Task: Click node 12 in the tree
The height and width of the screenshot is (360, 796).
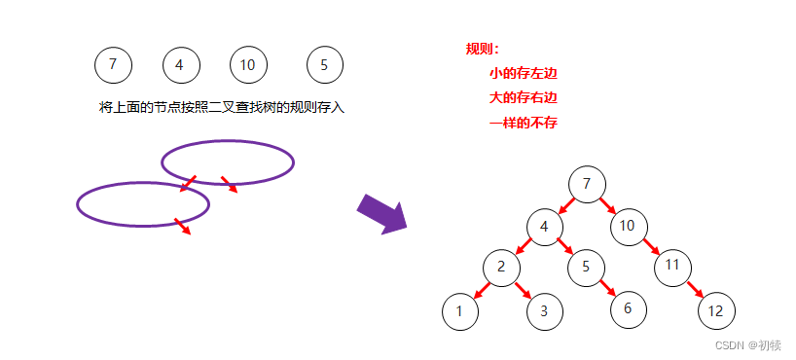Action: (716, 311)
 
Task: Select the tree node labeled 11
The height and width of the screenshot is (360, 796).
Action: (672, 266)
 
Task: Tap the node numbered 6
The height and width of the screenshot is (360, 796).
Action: (629, 308)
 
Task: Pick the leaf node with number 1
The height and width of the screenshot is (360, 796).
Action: (460, 311)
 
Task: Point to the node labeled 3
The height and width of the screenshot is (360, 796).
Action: (544, 311)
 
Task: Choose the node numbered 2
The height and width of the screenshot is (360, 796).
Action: (501, 267)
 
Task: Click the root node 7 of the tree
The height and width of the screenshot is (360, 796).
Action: (586, 184)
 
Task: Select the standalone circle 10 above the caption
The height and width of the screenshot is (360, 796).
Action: (248, 65)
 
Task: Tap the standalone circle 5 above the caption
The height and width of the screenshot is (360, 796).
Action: (324, 65)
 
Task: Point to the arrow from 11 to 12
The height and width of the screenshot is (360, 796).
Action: (694, 289)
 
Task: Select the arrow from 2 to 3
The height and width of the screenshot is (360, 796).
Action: (524, 290)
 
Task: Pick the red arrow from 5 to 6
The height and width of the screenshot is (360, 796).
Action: (606, 288)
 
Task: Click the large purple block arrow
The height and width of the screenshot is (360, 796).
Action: (383, 213)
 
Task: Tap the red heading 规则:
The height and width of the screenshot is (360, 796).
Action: (483, 49)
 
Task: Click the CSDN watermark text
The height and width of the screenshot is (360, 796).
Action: (747, 344)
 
